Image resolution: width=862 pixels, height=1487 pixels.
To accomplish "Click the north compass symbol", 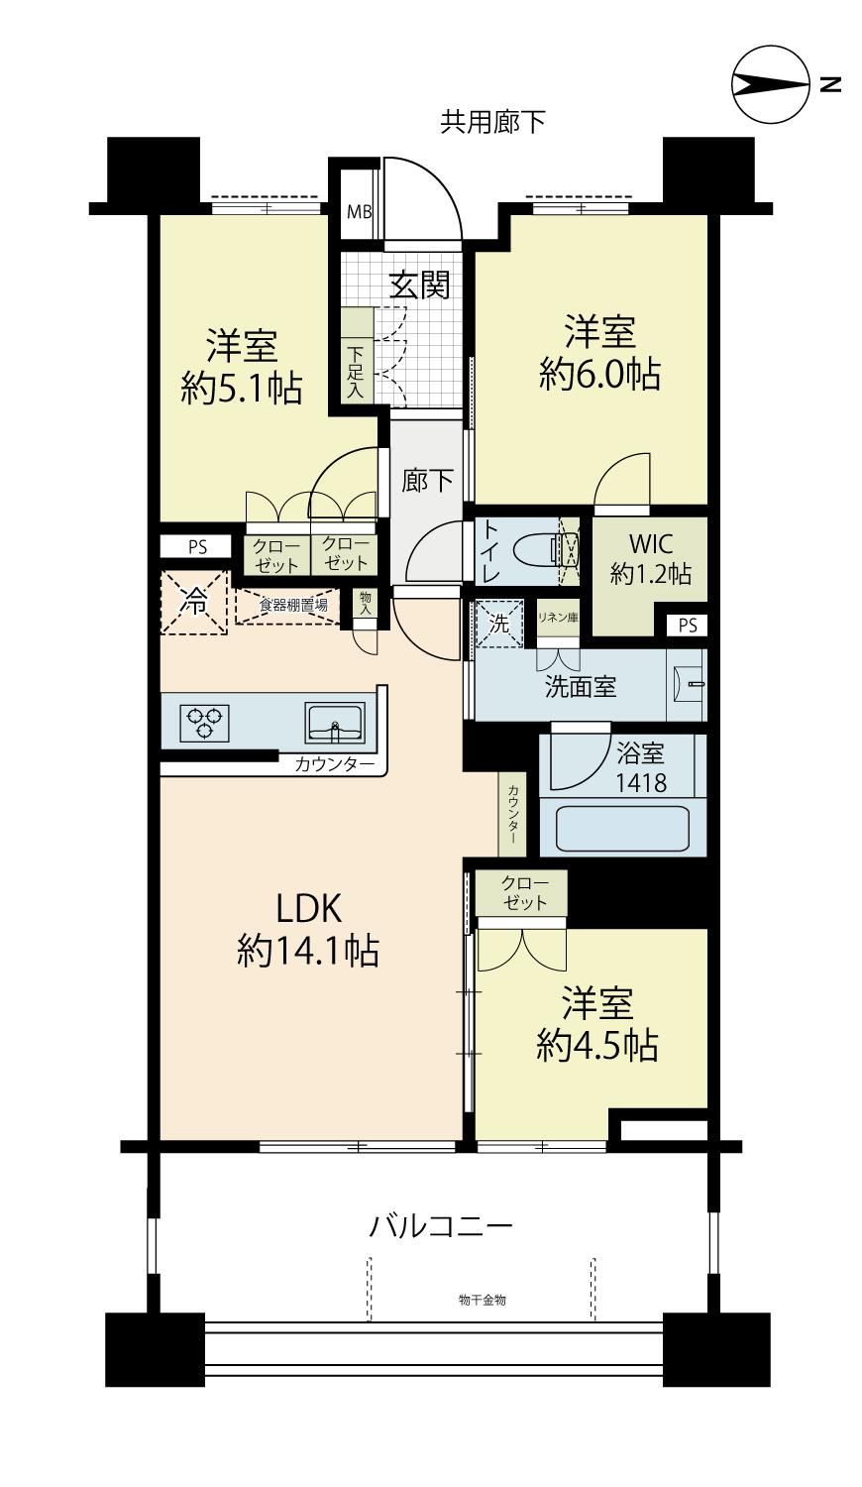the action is point(771,84).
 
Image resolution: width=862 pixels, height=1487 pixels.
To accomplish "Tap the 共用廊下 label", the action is point(493,122).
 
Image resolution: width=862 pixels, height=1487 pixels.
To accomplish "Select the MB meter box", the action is point(360,212).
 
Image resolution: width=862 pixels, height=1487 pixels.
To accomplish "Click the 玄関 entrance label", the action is point(419,285).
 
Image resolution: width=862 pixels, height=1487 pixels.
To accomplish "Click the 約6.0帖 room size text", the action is point(599,375).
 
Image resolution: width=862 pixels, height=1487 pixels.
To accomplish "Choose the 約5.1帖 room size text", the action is point(242,388).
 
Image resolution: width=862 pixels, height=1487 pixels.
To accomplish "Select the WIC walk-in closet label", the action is point(651,543).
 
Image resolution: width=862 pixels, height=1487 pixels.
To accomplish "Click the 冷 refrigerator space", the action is point(194,604).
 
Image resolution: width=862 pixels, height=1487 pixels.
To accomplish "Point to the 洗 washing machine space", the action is point(499,623).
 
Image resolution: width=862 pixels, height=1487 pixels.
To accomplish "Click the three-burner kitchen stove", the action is point(204,723).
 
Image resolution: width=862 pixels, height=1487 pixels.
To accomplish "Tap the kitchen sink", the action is point(335,723).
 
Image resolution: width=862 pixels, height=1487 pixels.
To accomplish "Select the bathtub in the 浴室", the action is point(622,828).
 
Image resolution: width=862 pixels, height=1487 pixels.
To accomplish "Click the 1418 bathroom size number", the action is point(641,783).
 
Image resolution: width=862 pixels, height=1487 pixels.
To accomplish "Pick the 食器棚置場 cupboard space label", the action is point(293,605).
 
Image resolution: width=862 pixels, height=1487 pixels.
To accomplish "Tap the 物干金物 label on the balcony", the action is point(483,1300).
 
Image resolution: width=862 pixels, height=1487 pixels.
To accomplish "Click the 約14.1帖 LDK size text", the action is point(308,952).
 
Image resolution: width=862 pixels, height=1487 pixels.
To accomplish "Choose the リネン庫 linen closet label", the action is point(558,618).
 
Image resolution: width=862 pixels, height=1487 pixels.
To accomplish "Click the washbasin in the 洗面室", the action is point(687,684).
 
